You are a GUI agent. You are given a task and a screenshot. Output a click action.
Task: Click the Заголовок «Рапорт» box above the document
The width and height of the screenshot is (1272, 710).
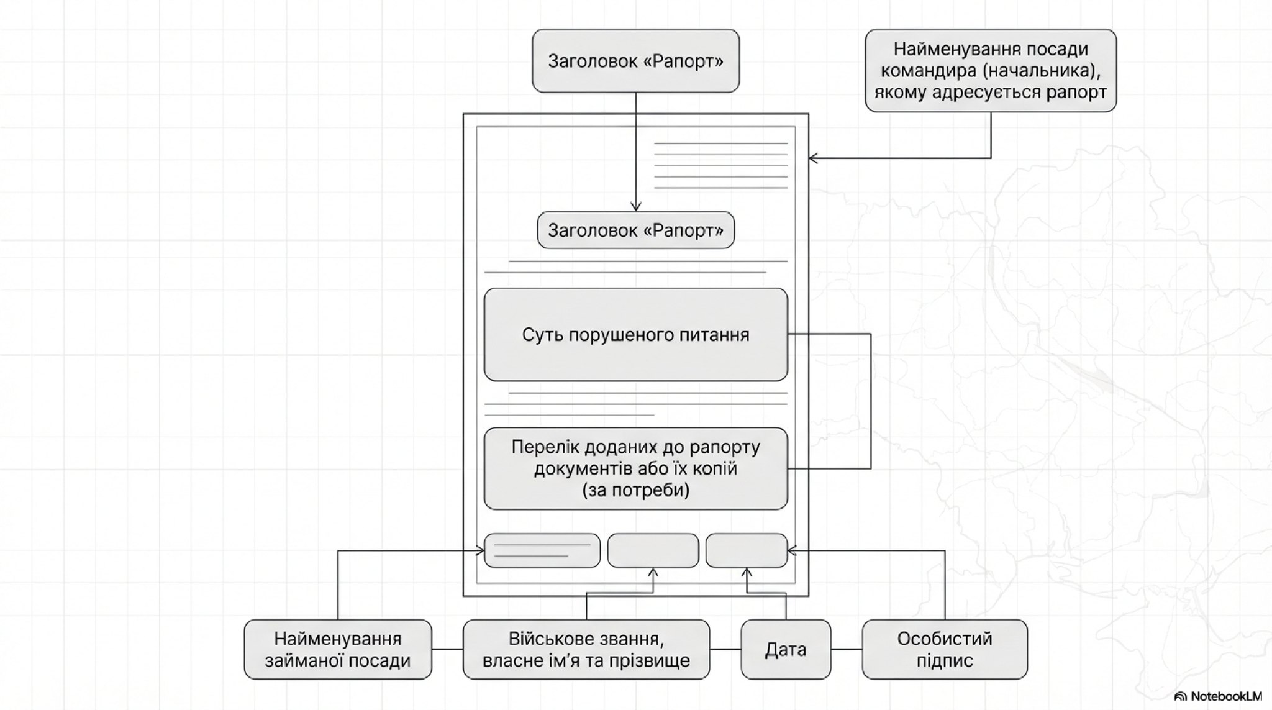coord(635,61)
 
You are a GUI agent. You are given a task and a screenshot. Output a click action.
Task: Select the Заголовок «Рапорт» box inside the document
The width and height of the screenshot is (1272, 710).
coord(635,230)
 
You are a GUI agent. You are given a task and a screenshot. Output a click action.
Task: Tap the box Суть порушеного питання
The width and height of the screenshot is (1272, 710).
coord(635,335)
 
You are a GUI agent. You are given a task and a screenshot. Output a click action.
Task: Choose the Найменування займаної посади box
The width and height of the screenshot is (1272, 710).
coord(337,649)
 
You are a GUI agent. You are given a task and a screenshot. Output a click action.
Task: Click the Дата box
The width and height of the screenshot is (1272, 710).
coord(786,650)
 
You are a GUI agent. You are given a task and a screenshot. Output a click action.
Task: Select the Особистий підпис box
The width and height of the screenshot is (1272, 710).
coord(944,649)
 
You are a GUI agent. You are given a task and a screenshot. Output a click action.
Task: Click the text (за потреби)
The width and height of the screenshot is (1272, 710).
coord(635,490)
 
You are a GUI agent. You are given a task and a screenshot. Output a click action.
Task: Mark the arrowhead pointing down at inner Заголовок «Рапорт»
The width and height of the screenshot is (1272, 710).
coord(635,206)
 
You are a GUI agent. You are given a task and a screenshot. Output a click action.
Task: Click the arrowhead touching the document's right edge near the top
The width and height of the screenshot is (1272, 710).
coord(814,158)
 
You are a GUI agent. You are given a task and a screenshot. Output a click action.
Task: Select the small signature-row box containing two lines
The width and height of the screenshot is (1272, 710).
coord(542,550)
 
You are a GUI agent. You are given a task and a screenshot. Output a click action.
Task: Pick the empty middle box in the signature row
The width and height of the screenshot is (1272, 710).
coord(653,550)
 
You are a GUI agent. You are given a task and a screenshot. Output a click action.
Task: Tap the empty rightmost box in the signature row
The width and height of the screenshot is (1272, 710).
coord(747,550)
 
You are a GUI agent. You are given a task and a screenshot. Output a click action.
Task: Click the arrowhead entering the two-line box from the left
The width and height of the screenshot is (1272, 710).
coord(479,550)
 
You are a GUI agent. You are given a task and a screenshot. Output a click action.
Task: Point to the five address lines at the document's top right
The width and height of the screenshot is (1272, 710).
coord(720,165)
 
